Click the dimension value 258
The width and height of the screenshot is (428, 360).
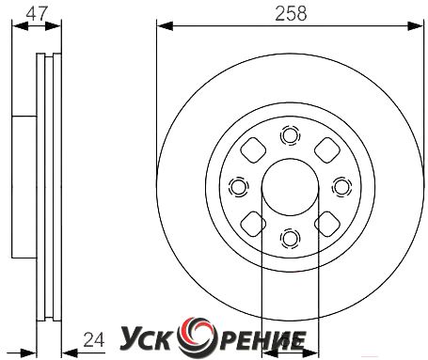coord(291,14)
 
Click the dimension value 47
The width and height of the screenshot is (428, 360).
coord(37,14)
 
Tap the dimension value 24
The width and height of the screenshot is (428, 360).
coord(94,340)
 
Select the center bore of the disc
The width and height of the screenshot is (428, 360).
coord(290,187)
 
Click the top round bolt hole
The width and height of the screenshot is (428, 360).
coord(290,135)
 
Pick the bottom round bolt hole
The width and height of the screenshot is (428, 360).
coord(290,239)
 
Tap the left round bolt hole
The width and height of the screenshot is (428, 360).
coord(239,187)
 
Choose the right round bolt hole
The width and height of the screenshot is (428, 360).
coord(341,187)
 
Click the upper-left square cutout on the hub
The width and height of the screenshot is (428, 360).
coord(253,150)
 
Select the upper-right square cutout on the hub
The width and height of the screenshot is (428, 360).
coord(327,150)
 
